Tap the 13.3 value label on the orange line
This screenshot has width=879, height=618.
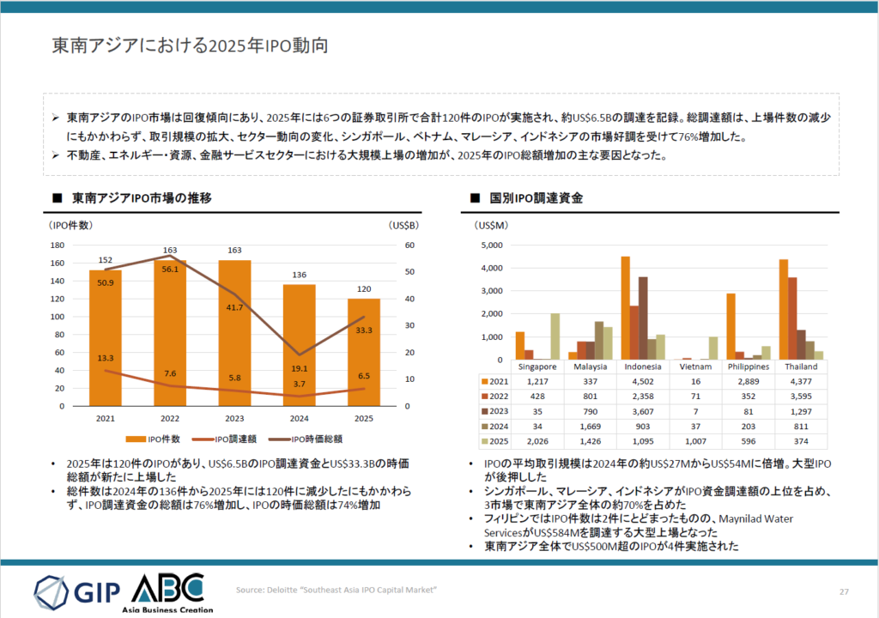[x=106, y=357]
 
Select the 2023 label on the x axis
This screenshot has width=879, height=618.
[x=234, y=418]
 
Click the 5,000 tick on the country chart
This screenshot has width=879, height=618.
[x=493, y=245]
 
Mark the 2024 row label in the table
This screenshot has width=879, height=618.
[x=498, y=427]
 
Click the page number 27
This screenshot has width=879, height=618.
[x=844, y=591]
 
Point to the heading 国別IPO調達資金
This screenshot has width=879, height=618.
[x=536, y=198]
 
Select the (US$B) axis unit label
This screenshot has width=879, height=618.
[x=403, y=226]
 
